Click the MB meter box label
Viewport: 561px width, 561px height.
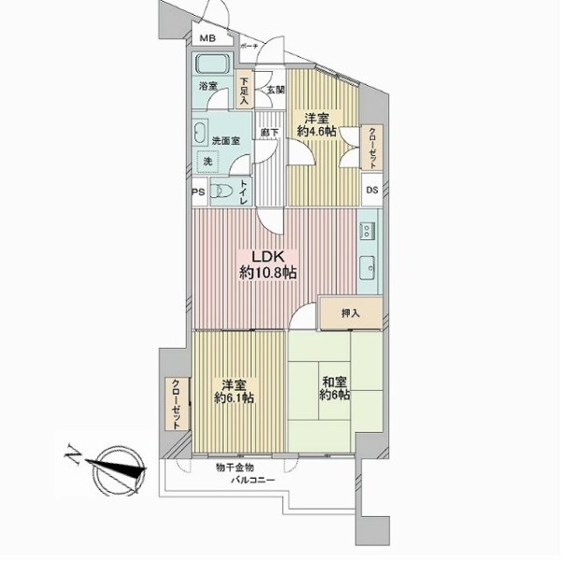208,38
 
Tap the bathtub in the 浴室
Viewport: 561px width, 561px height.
212,64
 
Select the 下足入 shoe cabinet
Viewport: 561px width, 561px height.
244,92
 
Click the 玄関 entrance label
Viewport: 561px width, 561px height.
276,90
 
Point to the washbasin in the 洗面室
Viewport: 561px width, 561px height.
200,134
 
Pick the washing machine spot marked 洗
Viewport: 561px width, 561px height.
208,162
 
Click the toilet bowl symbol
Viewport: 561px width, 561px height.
221,191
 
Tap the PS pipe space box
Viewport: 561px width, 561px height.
199,192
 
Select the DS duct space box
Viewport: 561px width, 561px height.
372,190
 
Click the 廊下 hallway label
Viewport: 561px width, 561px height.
269,133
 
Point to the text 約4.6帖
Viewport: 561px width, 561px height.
317,131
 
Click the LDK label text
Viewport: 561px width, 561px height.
267,256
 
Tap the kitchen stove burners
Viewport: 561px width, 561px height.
367,231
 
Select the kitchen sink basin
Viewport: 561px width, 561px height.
367,268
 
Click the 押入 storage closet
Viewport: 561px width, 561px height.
351,313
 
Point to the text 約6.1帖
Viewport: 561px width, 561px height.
234,397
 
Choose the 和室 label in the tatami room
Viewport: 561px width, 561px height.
335,382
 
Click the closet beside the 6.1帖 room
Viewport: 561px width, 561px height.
177,404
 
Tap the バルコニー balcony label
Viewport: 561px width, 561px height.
252,480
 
